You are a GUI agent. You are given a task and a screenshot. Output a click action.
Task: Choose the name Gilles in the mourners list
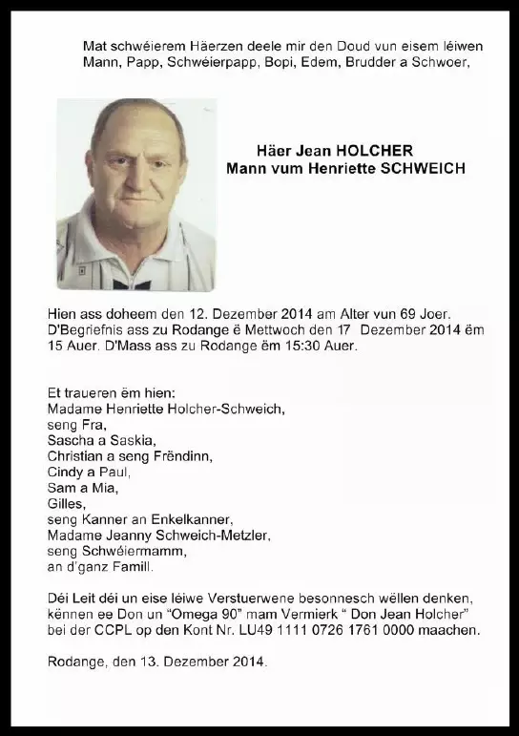point(66,503)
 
